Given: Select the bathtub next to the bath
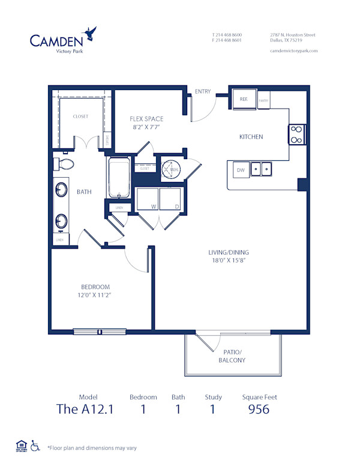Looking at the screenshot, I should click(x=118, y=178).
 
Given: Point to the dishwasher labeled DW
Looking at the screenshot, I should click(x=240, y=170).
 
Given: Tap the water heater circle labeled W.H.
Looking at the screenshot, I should click(x=172, y=169).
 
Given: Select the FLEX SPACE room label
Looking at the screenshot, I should click(x=146, y=119).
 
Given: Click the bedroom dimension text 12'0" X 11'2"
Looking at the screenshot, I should click(x=95, y=296).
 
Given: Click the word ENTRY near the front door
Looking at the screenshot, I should click(x=203, y=91).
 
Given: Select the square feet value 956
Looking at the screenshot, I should click(x=259, y=410).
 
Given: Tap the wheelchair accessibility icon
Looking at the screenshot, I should click(x=35, y=446).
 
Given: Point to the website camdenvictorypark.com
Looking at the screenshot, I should click(x=294, y=51).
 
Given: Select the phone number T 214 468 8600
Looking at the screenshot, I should click(x=227, y=35).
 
